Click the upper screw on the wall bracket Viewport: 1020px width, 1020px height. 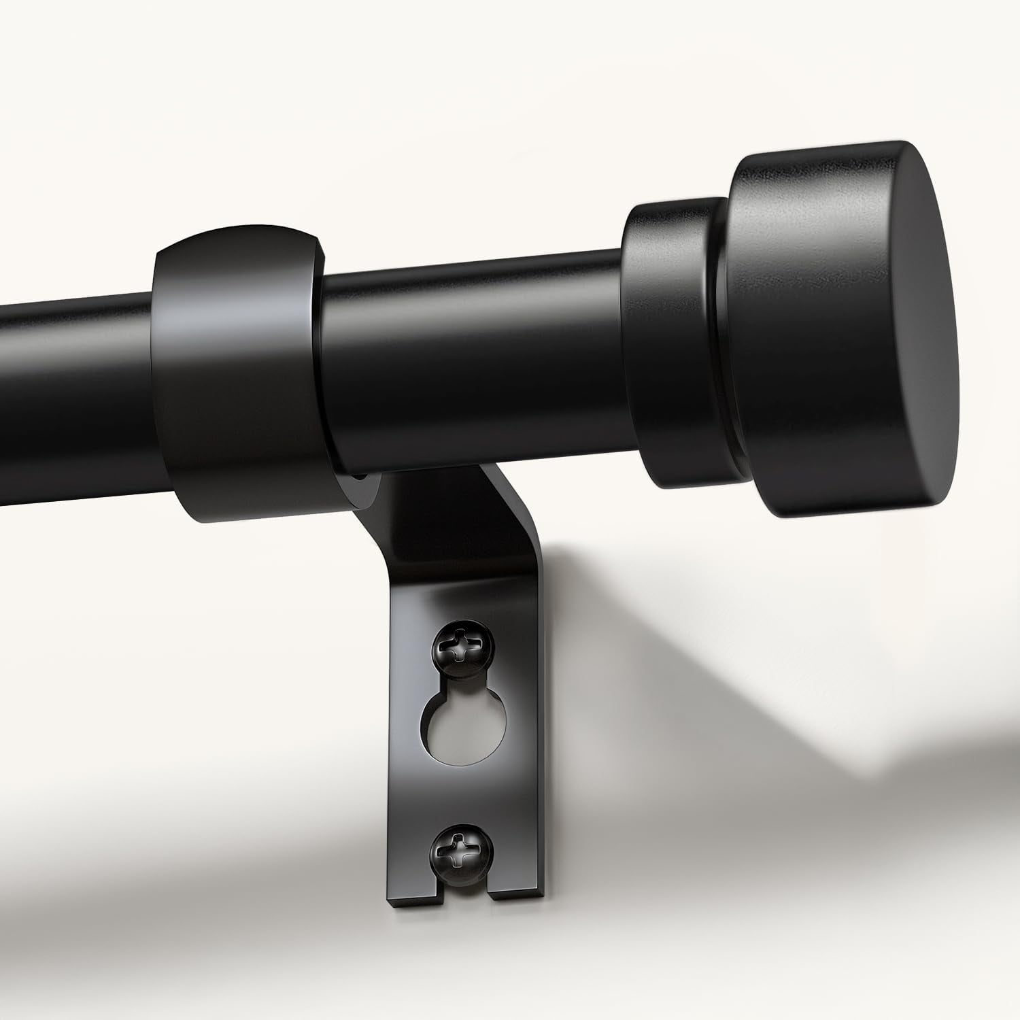(x=458, y=645)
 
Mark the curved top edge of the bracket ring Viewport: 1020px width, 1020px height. (x=238, y=235)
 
